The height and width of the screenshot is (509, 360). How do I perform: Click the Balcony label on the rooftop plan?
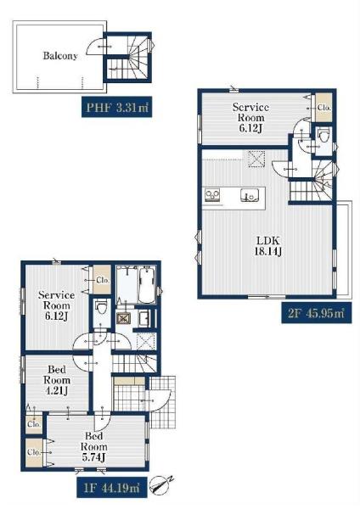click(60, 56)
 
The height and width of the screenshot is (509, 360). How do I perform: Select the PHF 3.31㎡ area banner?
click(116, 107)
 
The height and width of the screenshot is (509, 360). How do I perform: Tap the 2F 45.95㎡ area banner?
click(316, 312)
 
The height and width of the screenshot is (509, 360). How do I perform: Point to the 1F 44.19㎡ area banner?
click(112, 487)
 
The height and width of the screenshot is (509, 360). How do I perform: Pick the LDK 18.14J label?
click(268, 246)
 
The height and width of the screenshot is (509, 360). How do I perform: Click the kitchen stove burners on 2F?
click(212, 195)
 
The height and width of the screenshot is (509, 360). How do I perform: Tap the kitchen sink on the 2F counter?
click(250, 195)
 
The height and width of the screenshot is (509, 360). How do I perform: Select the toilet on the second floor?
click(323, 135)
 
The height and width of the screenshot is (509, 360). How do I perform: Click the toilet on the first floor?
click(102, 307)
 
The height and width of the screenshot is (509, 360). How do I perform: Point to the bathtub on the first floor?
click(147, 285)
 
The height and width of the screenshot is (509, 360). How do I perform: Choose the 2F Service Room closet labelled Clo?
click(324, 108)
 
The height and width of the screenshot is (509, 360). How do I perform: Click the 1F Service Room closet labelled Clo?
click(103, 280)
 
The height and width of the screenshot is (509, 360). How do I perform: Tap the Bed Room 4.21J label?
click(57, 380)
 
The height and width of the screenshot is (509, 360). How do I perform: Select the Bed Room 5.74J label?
click(93, 447)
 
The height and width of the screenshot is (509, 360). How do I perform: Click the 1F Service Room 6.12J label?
click(57, 305)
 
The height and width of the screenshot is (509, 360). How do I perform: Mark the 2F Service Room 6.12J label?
click(250, 118)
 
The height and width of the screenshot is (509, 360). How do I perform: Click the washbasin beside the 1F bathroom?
click(143, 318)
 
